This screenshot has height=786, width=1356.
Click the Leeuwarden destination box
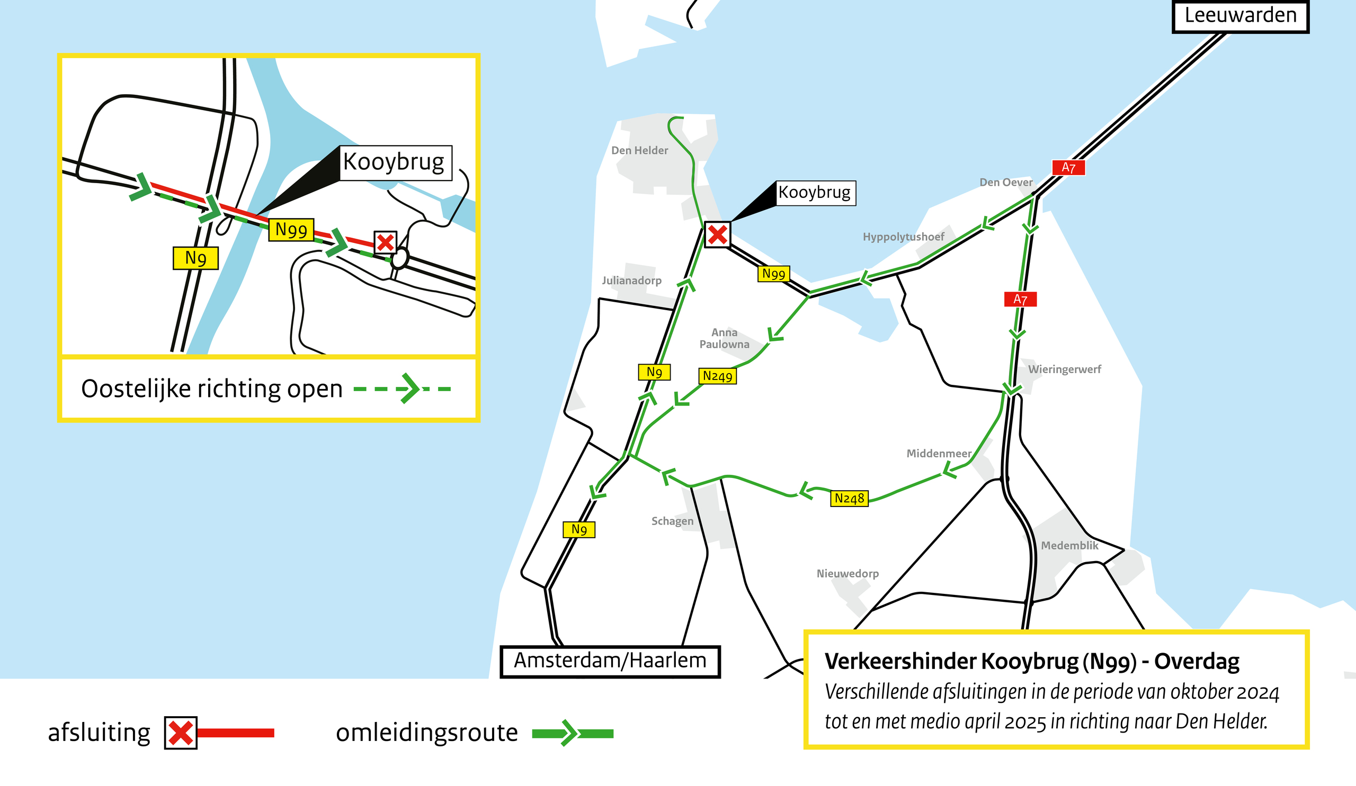tap(1240, 16)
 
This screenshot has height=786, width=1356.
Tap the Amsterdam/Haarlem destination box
tap(610, 661)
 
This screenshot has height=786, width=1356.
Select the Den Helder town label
tap(639, 150)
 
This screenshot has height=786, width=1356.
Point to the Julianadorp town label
tap(631, 281)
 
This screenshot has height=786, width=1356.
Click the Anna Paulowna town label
tap(724, 338)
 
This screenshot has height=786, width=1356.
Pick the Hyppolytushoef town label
tap(903, 237)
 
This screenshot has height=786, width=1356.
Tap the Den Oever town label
tap(1006, 182)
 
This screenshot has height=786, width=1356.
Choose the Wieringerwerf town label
tap(1064, 369)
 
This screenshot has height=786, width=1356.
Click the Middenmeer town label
tap(939, 453)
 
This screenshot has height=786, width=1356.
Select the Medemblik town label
tap(1069, 546)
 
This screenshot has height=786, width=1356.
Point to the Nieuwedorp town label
tap(847, 574)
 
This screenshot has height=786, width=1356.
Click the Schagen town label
tap(672, 521)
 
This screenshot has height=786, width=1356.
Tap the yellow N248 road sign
tap(849, 499)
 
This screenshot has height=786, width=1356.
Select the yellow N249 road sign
tap(717, 376)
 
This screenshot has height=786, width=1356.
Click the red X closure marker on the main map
tap(717, 235)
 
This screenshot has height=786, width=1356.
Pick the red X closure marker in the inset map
tap(385, 242)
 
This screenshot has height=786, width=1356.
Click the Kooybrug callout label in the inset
tap(394, 162)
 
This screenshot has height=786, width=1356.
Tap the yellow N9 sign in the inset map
tap(195, 258)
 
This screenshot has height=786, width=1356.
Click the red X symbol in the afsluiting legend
tap(180, 733)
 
